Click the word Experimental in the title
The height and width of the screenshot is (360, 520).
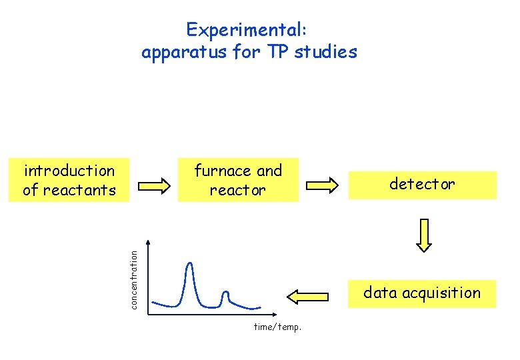(243, 30)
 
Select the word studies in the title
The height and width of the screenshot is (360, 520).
(327, 52)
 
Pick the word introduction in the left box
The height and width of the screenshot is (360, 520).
(69, 171)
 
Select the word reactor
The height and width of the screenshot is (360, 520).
(237, 190)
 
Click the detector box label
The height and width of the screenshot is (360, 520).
(422, 184)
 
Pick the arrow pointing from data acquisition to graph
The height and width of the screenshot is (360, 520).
(307, 295)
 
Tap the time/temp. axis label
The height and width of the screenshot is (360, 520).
(278, 327)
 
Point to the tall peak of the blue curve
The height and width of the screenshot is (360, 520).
(191, 265)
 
